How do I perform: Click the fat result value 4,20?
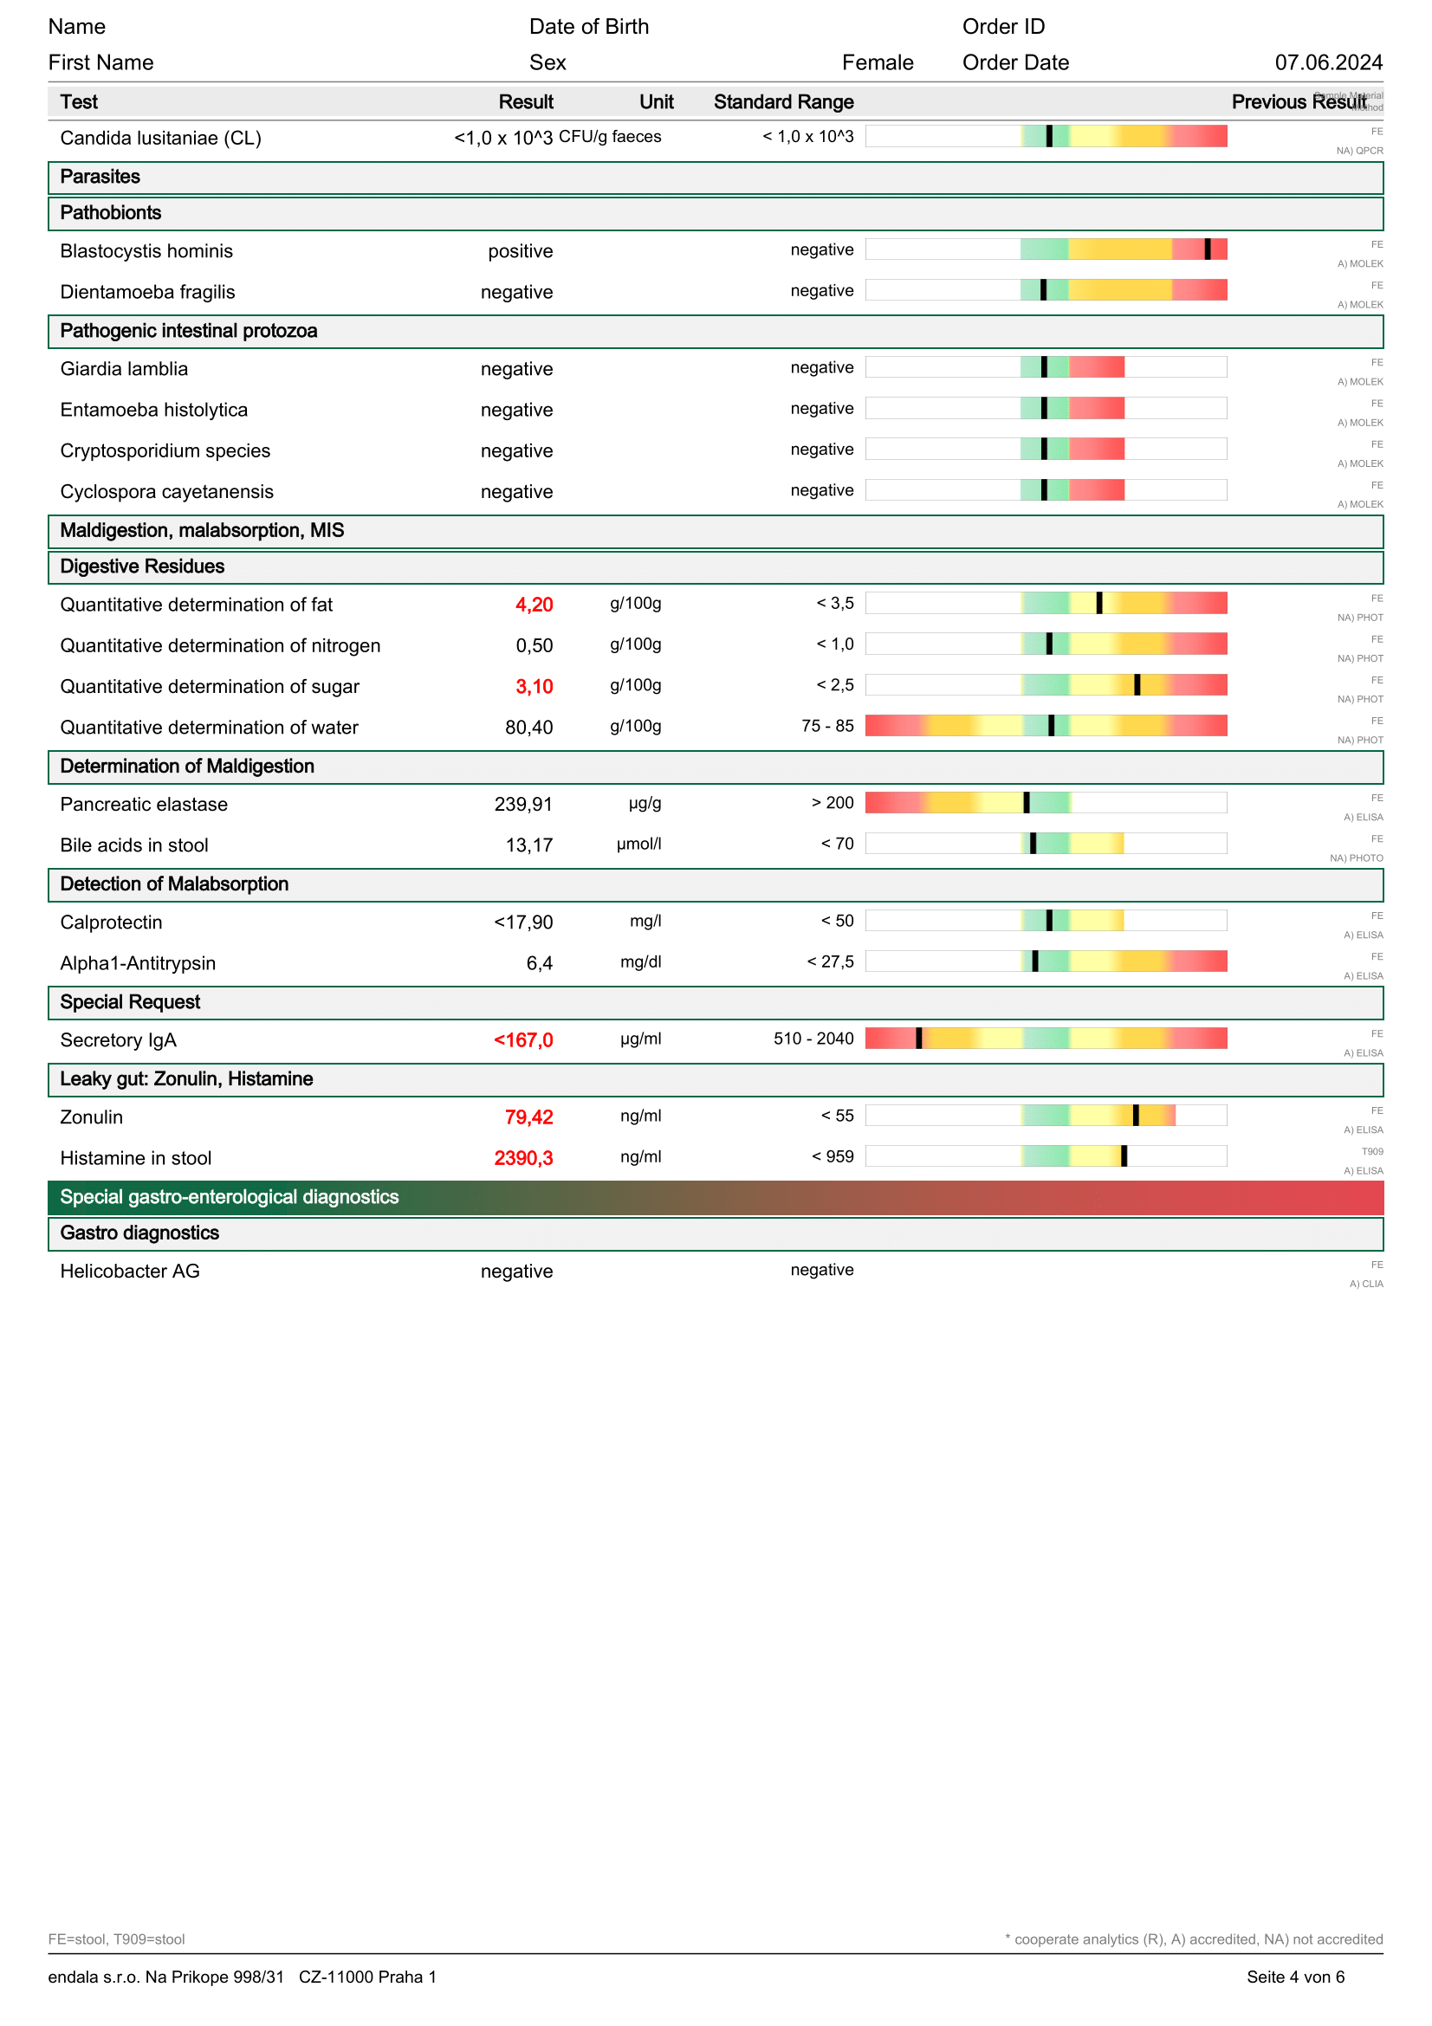click(x=534, y=605)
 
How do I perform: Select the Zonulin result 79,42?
click(x=528, y=1117)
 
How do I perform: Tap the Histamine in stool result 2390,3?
click(x=523, y=1158)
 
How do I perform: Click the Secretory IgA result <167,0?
click(x=523, y=1040)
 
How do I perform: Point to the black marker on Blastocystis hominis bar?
click(x=1207, y=249)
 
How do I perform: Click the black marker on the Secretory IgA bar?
click(x=918, y=1039)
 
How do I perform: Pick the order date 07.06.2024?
click(x=1328, y=62)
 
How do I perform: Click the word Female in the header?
click(x=877, y=62)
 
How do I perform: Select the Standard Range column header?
click(x=783, y=102)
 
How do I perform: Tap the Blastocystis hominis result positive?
click(x=521, y=251)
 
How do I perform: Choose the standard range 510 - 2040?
click(x=813, y=1039)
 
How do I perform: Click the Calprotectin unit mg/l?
click(x=645, y=922)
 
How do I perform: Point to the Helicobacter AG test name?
click(x=130, y=1271)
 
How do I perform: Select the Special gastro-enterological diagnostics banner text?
click(x=230, y=1196)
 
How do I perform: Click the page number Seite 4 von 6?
click(x=1295, y=1977)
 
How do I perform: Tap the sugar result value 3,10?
click(x=534, y=687)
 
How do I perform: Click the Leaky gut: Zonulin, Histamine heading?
click(x=186, y=1078)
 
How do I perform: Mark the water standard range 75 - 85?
click(x=827, y=726)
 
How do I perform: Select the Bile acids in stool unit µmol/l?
click(x=638, y=845)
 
